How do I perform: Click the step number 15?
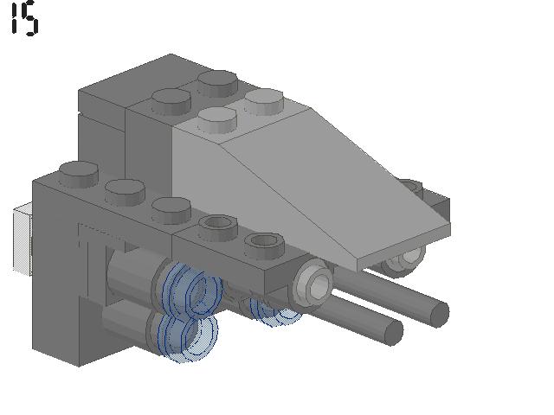click(x=25, y=18)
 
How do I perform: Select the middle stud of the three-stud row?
click(x=125, y=192)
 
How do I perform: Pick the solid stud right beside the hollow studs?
click(x=171, y=210)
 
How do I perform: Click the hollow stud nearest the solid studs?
click(x=217, y=227)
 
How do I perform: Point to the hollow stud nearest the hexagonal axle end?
click(x=264, y=246)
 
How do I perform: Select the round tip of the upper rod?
click(x=439, y=313)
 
